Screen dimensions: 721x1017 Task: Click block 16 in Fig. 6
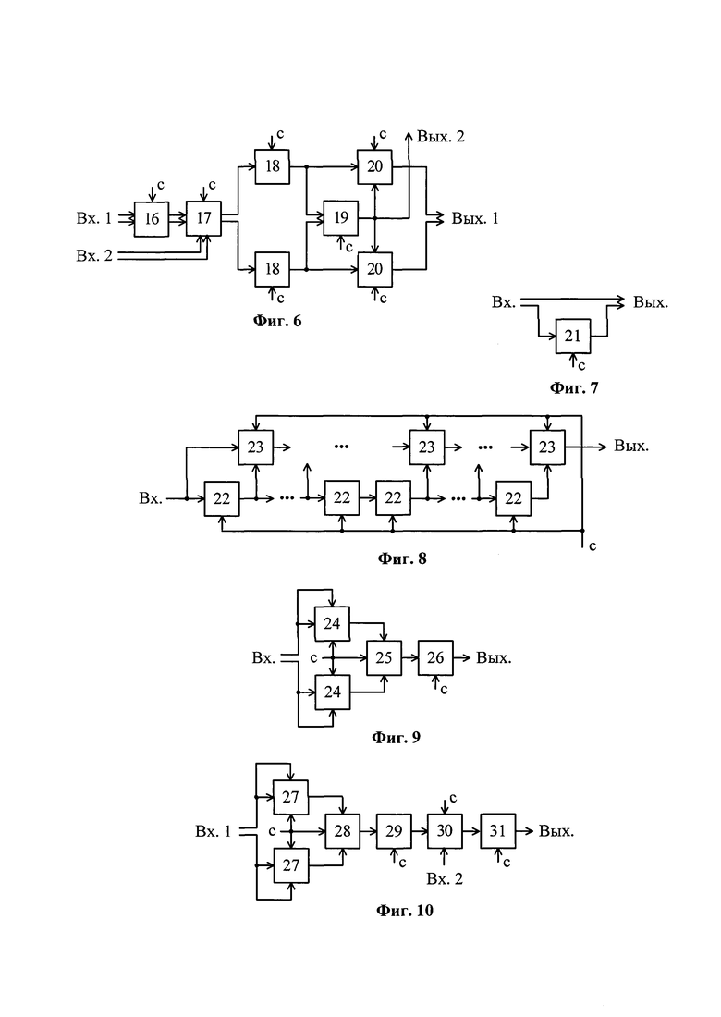click(151, 218)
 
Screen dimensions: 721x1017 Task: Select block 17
click(203, 218)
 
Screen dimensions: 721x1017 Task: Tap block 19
click(341, 218)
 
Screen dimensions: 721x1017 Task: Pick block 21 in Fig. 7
click(572, 336)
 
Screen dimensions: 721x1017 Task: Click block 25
click(384, 657)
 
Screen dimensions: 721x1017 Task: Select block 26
click(435, 657)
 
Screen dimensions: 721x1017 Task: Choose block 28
click(342, 831)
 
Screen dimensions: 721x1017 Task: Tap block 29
click(394, 831)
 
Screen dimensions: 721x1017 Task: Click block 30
click(445, 831)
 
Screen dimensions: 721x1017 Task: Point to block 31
click(498, 831)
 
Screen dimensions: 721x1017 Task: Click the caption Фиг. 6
click(277, 321)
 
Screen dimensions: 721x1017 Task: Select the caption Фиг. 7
click(574, 388)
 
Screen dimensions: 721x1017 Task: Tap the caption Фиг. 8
click(402, 558)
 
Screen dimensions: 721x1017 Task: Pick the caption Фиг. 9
click(397, 738)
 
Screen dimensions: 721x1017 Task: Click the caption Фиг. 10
click(405, 911)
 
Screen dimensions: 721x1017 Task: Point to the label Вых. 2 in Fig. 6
click(441, 137)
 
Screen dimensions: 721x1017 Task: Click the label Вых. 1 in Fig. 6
click(475, 218)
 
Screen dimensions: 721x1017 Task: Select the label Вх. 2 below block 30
click(445, 879)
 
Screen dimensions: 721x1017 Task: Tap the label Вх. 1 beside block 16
click(94, 218)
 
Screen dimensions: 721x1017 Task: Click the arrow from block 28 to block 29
click(368, 831)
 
